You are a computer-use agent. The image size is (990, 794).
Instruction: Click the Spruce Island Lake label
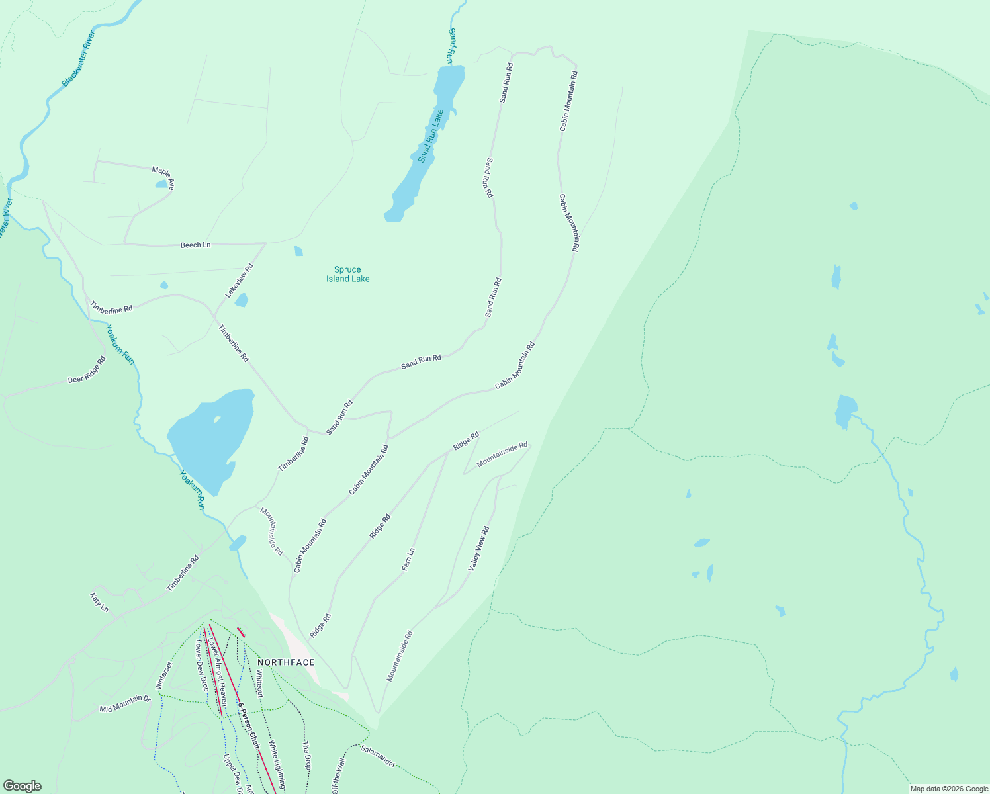347,274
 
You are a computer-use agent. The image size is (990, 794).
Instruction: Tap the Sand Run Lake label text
431,136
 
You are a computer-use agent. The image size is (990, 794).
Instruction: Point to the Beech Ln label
195,245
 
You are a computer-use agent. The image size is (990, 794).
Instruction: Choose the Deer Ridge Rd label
87,371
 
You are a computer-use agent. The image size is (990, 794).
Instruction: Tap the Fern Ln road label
408,560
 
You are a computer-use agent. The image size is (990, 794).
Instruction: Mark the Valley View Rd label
479,549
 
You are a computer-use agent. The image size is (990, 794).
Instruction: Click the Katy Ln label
99,602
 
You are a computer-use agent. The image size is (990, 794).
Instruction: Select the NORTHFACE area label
286,662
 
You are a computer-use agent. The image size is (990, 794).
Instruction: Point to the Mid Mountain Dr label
125,704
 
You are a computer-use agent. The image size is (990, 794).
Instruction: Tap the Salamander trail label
379,756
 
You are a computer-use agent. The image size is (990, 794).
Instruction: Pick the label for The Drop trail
306,755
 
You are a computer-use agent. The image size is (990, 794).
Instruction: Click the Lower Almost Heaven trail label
218,671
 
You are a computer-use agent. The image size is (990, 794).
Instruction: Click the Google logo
22,786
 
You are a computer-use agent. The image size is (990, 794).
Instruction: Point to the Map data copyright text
948,789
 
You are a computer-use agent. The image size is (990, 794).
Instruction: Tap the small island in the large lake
216,419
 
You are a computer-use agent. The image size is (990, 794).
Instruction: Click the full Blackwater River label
79,59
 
